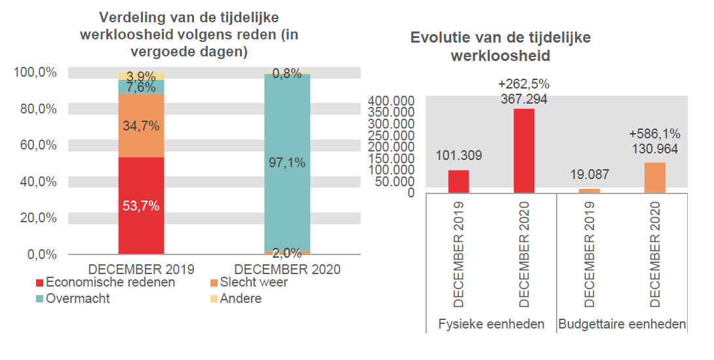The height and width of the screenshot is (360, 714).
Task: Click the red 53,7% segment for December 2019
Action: [x=141, y=205]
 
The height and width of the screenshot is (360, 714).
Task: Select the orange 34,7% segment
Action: [x=141, y=125]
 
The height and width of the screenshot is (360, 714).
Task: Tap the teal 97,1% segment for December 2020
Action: [x=287, y=163]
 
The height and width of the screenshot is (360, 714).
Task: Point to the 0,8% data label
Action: [x=287, y=74]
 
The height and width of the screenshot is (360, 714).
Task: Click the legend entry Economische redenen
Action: [x=109, y=283]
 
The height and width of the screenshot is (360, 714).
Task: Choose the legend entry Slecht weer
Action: [x=253, y=283]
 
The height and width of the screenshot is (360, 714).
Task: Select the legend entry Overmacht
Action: [x=77, y=299]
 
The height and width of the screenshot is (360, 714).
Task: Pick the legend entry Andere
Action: [x=240, y=299]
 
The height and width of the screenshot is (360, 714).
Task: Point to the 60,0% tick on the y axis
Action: [x=43, y=145]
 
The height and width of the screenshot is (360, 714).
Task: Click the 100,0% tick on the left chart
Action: [x=40, y=72]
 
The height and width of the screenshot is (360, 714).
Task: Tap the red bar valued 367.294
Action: [x=524, y=151]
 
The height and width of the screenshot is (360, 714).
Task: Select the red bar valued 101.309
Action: [x=458, y=182]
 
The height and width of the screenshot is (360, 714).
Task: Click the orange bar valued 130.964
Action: [x=655, y=178]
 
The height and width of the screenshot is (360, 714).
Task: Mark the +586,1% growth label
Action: [x=655, y=133]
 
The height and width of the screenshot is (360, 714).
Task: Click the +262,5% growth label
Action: [x=524, y=84]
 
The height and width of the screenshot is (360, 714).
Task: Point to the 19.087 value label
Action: [x=589, y=174]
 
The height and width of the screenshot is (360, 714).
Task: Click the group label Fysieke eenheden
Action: [x=492, y=324]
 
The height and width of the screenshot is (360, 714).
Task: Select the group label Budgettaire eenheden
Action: [x=622, y=324]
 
